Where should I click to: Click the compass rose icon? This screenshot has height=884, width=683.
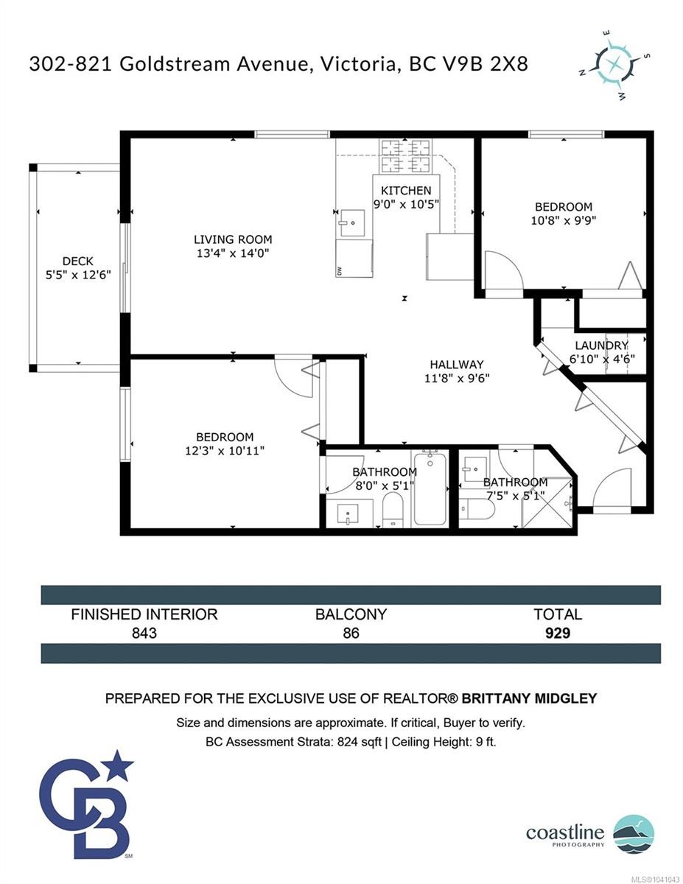[614, 65]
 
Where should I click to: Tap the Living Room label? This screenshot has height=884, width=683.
[233, 239]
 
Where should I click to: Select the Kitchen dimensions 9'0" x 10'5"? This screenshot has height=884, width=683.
[406, 204]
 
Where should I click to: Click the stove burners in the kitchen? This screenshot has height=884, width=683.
[405, 156]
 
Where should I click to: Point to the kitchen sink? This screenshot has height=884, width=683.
[352, 223]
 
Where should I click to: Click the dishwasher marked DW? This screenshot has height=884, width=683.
[354, 259]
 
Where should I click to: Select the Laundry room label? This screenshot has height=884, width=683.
[601, 345]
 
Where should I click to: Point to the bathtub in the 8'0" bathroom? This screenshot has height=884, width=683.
[430, 489]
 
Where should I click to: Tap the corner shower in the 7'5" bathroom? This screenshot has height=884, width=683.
[547, 503]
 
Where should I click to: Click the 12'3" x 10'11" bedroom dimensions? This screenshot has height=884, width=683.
[225, 451]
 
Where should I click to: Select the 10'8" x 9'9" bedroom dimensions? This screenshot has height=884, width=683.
[564, 220]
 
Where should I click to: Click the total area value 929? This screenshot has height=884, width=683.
[557, 633]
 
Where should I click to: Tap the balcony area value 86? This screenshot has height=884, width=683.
[351, 633]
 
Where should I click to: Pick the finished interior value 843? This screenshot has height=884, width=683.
[144, 633]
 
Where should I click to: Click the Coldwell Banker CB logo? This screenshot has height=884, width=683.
[87, 813]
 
